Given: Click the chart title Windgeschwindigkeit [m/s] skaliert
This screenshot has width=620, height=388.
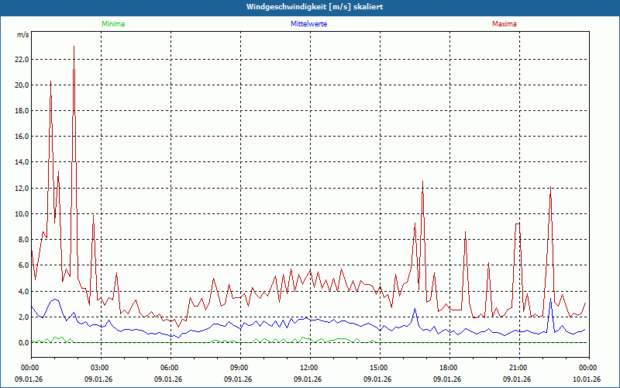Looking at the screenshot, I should point(310,7).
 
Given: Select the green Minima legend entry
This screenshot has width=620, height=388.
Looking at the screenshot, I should point(112,24).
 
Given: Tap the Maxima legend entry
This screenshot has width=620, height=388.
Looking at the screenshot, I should point(505,24).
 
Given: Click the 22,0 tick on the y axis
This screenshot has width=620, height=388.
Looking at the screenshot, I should point(21,59).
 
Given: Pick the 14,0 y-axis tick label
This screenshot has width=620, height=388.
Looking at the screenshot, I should point(21,162).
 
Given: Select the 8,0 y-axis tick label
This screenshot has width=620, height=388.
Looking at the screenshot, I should point(22,240).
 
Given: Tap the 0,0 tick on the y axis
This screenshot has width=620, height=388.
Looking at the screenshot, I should point(22,343).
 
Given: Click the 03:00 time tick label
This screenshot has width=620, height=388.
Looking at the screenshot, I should point(100,367).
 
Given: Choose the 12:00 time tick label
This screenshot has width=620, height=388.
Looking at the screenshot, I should point(308,367).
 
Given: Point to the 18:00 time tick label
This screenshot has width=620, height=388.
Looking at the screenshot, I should point(448,367).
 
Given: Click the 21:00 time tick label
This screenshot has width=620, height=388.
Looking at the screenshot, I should point(518,367).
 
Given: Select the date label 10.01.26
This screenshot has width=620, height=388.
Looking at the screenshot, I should point(586,379).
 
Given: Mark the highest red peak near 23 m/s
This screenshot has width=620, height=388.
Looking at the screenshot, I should point(74,47).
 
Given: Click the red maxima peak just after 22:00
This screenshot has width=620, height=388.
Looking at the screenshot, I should point(550,187).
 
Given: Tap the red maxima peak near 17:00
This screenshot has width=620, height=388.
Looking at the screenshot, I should point(422,182).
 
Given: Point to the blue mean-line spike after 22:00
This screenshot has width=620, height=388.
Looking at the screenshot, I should point(550,299).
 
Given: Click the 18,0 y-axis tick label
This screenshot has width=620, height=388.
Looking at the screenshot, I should point(21,111).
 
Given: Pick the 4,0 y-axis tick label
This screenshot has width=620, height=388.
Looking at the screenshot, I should point(22,291).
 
